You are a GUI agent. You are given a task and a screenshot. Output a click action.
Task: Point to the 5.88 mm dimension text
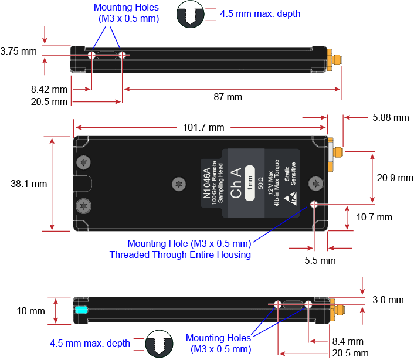(x=391, y=117)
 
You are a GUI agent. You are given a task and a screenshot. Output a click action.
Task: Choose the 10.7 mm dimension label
(x=374, y=217)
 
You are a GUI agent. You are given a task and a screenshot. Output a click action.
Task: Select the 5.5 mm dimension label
(x=320, y=260)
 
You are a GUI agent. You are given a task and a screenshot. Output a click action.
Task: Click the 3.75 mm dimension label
(x=18, y=51)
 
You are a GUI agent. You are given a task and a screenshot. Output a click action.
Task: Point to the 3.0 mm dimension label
(x=388, y=300)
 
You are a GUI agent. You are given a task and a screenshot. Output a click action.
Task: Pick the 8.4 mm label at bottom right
(x=348, y=341)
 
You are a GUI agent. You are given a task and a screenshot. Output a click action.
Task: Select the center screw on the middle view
(x=177, y=184)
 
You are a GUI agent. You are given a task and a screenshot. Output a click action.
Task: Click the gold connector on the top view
(x=336, y=59)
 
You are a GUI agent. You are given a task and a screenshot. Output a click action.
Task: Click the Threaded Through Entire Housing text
(x=181, y=254)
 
